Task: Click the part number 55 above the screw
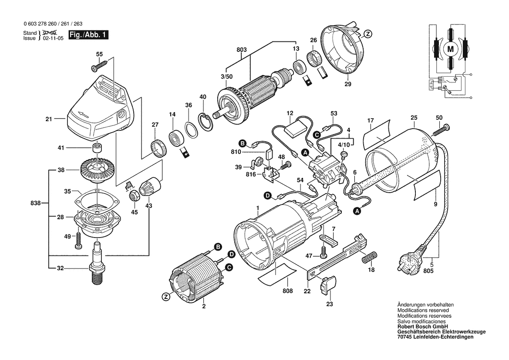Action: (99, 54)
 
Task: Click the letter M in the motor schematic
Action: (450, 49)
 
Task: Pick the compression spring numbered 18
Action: (368, 257)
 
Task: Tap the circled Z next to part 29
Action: (368, 34)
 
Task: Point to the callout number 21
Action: (49, 118)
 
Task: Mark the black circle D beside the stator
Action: (232, 254)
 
